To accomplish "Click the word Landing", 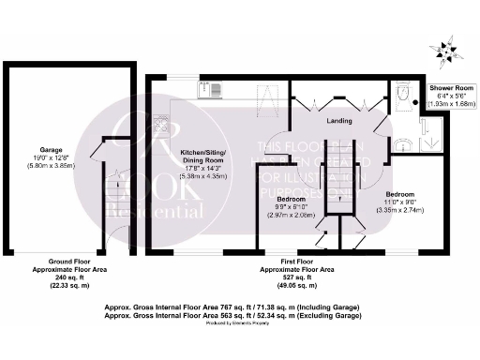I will (338, 122).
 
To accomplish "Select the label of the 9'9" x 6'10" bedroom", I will (289, 200).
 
